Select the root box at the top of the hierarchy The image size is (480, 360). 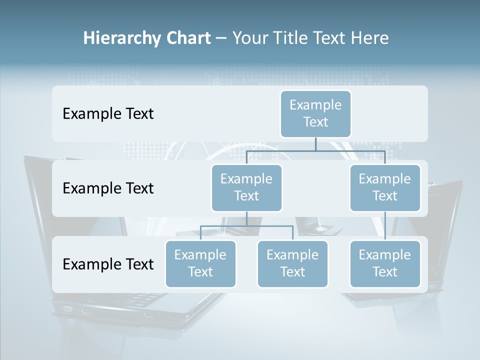click(x=315, y=113)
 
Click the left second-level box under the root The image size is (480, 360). click(x=246, y=187)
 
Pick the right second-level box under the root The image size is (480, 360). click(x=385, y=187)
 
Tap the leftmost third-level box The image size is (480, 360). click(x=200, y=263)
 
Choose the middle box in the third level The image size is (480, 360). click(x=292, y=263)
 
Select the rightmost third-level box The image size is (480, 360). click(x=385, y=263)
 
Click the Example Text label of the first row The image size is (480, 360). click(x=108, y=114)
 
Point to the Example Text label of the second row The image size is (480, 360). click(x=108, y=188)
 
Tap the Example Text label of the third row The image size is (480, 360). click(x=108, y=264)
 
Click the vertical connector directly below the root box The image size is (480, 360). click(x=315, y=144)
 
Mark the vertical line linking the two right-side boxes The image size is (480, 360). click(x=385, y=226)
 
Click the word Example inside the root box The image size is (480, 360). click(x=315, y=105)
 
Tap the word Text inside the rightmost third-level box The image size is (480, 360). click(x=385, y=272)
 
